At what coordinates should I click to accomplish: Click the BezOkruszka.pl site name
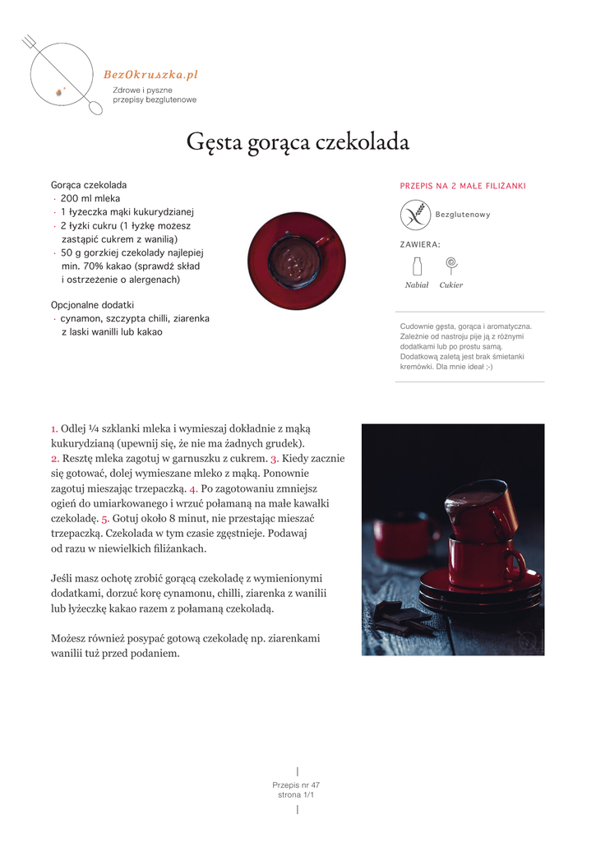pos(150,75)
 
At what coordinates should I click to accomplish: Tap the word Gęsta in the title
pos(213,143)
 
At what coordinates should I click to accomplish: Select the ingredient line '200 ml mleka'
pos(90,199)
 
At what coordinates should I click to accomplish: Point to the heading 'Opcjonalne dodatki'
pos(92,304)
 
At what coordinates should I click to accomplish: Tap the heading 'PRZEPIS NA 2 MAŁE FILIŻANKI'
pos(463,186)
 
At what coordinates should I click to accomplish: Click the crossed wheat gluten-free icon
pos(415,215)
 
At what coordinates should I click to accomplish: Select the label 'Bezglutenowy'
pos(463,215)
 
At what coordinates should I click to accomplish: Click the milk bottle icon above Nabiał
pos(417,266)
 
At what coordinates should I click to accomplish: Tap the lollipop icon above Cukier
pos(450,265)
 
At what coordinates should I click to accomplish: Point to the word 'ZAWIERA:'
pos(420,244)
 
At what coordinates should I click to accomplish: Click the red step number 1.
pos(54,428)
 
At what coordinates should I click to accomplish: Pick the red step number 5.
pos(105,519)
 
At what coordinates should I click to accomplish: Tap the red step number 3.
pos(275,459)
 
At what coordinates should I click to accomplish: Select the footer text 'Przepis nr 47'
pos(296,785)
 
